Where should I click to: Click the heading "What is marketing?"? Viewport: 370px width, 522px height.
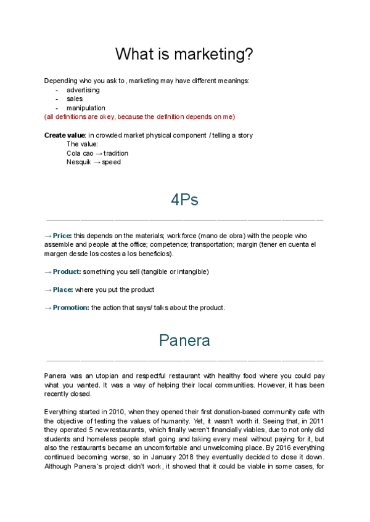coord(184,54)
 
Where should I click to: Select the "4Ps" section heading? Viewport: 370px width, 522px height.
coord(184,200)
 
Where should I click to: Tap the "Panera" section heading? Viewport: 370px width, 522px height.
coord(184,340)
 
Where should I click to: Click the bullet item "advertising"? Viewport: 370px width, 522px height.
coord(83,90)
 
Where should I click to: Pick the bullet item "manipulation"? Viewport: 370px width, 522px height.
coord(86,108)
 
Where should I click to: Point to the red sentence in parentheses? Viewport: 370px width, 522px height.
coord(139,116)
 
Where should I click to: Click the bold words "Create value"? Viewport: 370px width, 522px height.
coord(65,135)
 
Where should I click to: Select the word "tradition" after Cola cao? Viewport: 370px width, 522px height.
coord(116,153)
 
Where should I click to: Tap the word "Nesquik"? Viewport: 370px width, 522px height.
coord(78,162)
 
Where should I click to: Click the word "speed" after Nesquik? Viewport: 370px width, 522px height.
coord(112,162)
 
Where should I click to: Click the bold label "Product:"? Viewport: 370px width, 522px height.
coord(67,271)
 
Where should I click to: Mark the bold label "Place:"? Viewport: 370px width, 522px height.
coord(63,289)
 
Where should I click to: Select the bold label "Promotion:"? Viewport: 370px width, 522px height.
coord(71,308)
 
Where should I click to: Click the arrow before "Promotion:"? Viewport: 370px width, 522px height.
coord(48,308)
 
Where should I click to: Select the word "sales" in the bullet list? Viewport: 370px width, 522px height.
coord(75,98)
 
